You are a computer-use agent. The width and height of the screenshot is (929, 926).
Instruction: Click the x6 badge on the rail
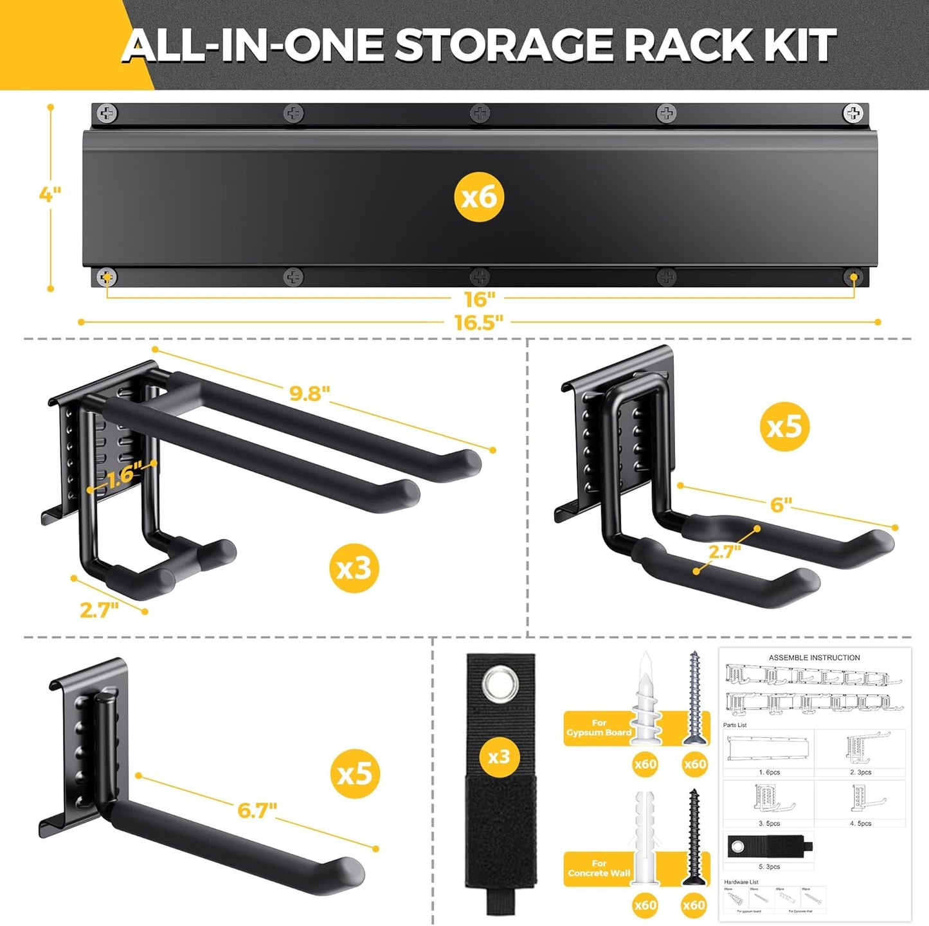[x=479, y=197]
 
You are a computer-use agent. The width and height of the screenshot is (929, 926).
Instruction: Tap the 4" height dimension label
[x=50, y=194]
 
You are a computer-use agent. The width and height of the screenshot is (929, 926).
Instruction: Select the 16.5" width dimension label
[x=479, y=322]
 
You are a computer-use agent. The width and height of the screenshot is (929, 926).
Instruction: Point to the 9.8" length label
[x=309, y=393]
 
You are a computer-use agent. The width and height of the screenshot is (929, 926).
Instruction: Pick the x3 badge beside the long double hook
[x=354, y=568]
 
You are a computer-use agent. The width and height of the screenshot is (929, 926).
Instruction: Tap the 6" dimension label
[x=780, y=504]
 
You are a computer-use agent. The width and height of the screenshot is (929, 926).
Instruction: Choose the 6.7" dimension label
[x=257, y=810]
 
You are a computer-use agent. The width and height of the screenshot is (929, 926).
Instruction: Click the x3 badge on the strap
[x=499, y=756]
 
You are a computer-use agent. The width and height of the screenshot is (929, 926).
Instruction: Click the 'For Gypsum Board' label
[x=599, y=728]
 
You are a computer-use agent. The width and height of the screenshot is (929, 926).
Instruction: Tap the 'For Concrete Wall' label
[x=599, y=868]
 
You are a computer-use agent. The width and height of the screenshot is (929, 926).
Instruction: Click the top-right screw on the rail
[x=853, y=114]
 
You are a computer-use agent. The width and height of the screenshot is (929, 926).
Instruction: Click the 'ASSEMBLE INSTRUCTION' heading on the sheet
[x=814, y=657]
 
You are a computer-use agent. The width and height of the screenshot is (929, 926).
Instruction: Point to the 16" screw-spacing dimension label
[x=480, y=299]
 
